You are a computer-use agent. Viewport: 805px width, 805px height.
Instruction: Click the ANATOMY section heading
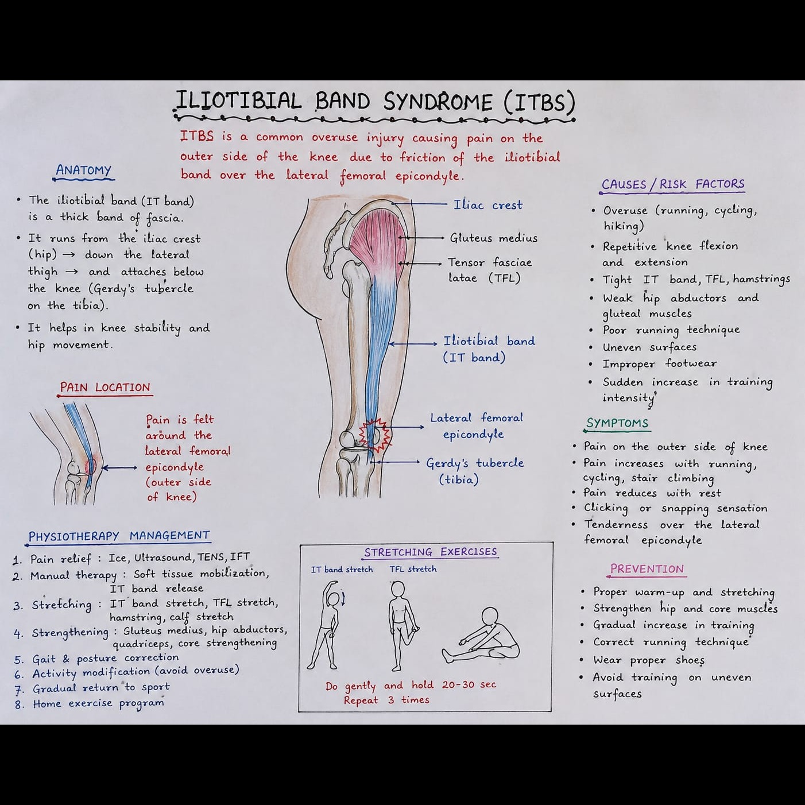click(x=84, y=170)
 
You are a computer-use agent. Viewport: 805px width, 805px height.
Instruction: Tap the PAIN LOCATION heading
click(x=105, y=387)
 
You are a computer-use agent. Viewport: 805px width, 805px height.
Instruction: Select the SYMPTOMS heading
click(x=617, y=423)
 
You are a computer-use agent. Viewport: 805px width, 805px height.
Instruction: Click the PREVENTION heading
click(x=647, y=569)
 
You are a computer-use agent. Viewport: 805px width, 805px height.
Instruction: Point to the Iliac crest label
click(x=488, y=205)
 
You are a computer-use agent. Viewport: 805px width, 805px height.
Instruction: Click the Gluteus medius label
click(x=493, y=238)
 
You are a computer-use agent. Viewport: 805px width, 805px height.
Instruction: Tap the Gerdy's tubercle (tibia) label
click(x=475, y=471)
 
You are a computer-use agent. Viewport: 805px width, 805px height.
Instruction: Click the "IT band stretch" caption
click(x=342, y=570)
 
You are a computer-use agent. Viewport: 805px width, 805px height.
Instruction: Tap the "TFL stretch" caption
click(x=413, y=569)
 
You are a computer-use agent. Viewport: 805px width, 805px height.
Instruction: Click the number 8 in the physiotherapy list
click(x=18, y=705)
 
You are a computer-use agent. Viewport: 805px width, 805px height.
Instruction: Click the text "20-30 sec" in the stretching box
click(x=469, y=684)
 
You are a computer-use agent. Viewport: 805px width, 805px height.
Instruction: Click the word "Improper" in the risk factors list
click(x=629, y=364)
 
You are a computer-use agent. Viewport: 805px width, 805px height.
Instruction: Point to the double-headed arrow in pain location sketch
click(x=119, y=468)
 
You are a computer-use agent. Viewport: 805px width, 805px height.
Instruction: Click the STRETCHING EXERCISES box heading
click(x=431, y=552)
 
